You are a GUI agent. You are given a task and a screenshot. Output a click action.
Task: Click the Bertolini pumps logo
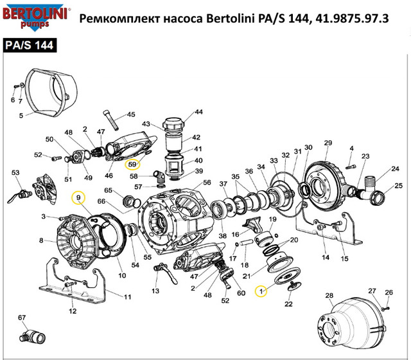point(36,17)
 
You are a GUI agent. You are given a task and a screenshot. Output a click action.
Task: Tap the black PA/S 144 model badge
point(30,46)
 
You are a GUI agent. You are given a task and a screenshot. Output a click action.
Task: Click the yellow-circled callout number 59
point(133,165)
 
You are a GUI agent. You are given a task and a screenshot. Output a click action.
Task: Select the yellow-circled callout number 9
point(78,197)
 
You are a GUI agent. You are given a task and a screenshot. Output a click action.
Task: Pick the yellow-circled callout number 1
point(261,291)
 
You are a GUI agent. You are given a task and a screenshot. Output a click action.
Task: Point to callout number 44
point(198,112)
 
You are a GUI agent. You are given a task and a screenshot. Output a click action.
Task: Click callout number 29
point(328,143)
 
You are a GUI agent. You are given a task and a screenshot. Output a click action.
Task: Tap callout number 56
point(207,183)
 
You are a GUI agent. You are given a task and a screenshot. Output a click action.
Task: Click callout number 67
point(22,318)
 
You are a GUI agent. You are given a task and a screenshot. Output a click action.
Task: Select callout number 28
point(329,296)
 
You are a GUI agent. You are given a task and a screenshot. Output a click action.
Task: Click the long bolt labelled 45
point(111,120)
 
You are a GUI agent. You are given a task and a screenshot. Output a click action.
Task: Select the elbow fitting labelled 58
point(159,177)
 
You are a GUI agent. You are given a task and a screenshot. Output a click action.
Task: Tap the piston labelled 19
point(264,238)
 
